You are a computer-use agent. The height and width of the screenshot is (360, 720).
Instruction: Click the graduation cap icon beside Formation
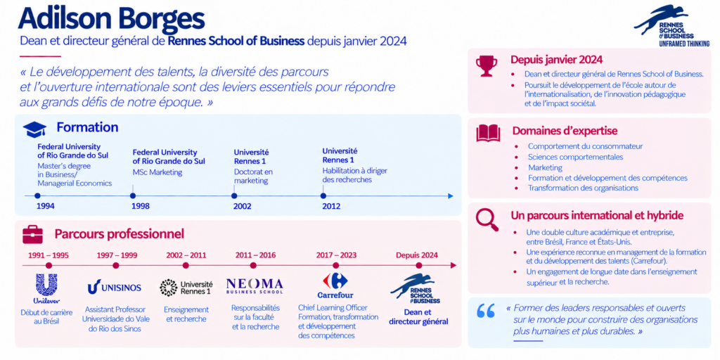[34, 129]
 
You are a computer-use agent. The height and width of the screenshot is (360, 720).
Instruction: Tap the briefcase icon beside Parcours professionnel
[32, 235]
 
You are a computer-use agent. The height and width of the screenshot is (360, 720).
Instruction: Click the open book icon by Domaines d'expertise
[488, 133]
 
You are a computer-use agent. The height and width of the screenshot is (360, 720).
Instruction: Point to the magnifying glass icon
[487, 219]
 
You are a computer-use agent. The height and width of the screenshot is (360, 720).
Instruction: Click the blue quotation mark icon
[487, 311]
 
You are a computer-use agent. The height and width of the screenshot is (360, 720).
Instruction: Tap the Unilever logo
[46, 289]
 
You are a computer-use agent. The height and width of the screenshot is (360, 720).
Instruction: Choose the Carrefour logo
[335, 285]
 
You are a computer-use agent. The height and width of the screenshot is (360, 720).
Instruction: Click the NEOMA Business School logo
[255, 285]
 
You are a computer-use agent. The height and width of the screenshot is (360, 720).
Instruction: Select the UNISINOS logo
[115, 287]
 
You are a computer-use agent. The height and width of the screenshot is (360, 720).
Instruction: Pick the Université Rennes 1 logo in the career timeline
[186, 288]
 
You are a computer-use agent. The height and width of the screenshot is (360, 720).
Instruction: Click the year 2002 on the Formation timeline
[243, 207]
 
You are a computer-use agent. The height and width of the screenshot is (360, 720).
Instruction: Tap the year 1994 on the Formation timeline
[46, 206]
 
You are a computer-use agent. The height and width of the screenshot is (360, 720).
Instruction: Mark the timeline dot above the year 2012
[323, 195]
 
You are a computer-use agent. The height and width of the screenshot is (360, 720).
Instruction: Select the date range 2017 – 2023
[336, 255]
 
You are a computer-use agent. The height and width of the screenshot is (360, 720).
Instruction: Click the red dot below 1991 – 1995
[49, 265]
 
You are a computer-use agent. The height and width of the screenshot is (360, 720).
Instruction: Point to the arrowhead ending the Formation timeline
[451, 196]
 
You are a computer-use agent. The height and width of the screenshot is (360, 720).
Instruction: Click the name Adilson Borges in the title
[112, 19]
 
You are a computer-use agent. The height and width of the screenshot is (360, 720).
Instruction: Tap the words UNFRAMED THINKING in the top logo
[684, 44]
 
